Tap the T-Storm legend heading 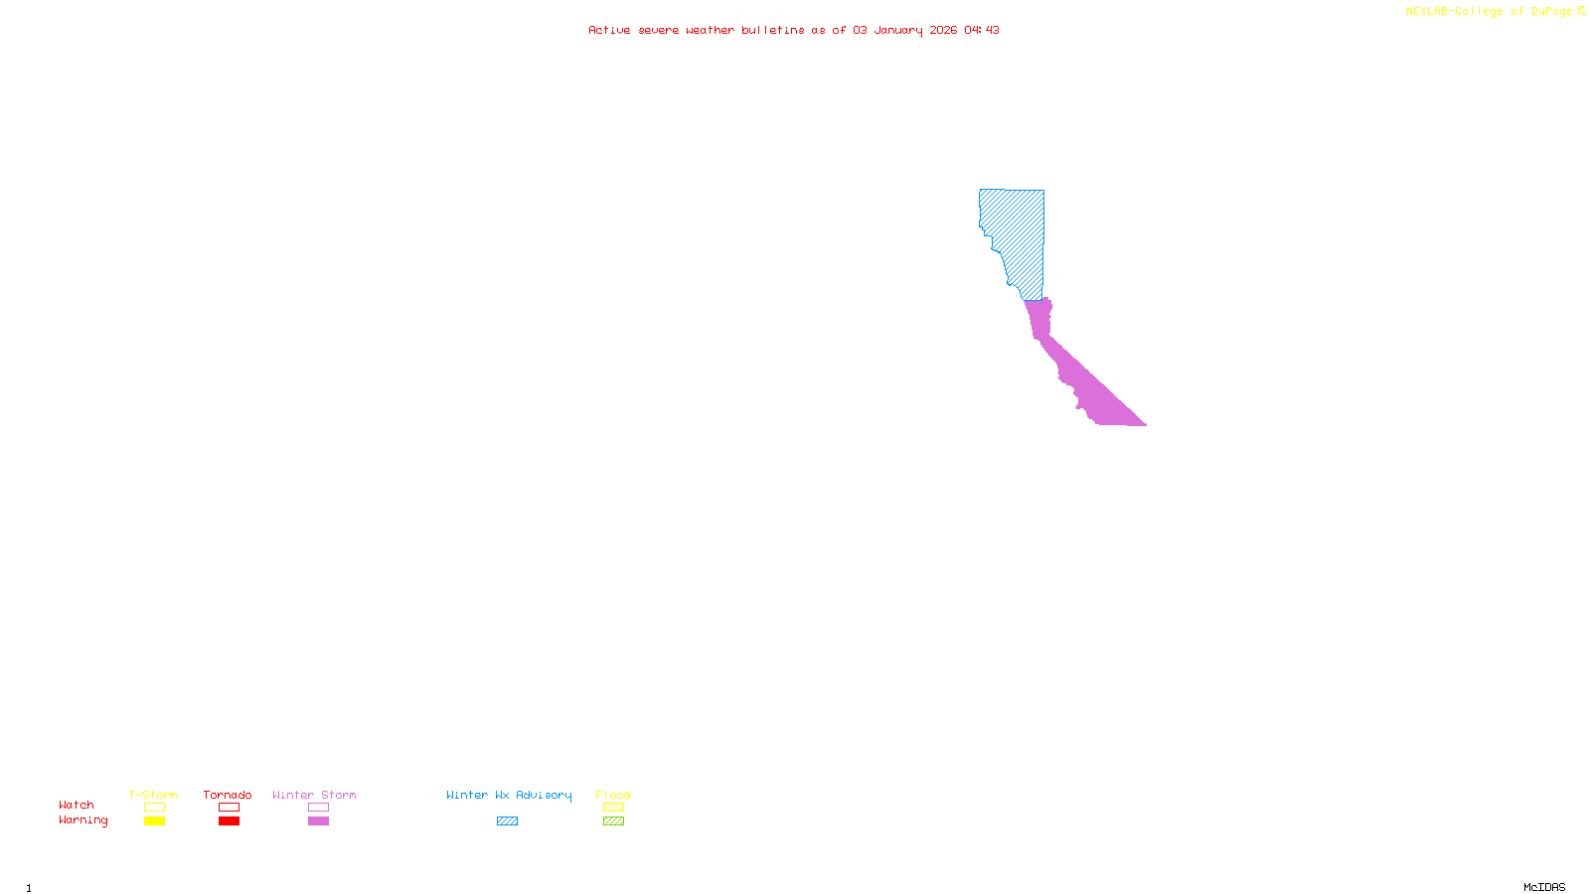[153, 795]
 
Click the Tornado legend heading [228, 795]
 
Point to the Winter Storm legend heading [314, 795]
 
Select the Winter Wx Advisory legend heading [509, 795]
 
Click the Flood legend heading [613, 795]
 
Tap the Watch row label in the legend [77, 805]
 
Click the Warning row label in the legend [83, 820]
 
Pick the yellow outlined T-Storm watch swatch [154, 808]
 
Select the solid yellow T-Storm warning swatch [154, 821]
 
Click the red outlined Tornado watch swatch [229, 808]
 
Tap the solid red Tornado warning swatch [229, 821]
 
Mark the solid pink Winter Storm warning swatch [318, 821]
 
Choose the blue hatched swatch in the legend [507, 821]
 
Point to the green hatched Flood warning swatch [613, 821]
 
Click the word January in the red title [898, 30]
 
